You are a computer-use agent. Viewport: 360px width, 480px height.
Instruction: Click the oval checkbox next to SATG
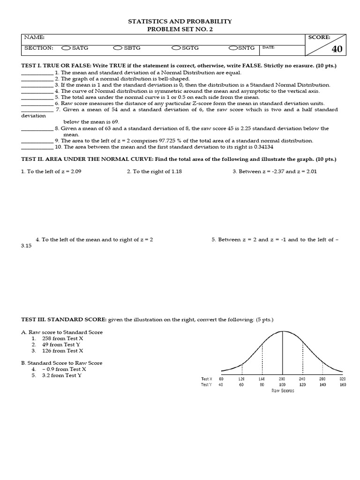tap(66, 48)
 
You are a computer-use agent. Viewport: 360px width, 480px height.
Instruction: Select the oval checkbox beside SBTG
tap(117, 48)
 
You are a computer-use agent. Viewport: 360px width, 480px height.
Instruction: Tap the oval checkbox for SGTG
tap(176, 48)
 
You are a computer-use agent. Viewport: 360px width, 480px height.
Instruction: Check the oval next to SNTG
tap(233, 48)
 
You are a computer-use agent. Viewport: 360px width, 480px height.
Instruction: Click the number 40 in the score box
tap(337, 49)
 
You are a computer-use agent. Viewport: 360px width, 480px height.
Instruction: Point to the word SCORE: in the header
tap(319, 37)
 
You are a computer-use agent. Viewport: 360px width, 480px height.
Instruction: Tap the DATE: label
tap(269, 47)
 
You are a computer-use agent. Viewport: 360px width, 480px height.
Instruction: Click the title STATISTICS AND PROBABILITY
tap(180, 22)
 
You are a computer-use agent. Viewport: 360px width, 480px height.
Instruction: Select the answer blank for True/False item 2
tap(37, 79)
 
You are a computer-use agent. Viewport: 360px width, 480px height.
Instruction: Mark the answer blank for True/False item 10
tap(37, 147)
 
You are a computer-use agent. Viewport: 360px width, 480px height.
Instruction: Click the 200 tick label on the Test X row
tap(282, 379)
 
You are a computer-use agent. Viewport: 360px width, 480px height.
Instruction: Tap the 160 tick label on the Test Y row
tap(343, 384)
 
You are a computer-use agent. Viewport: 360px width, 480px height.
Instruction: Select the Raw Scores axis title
tap(283, 390)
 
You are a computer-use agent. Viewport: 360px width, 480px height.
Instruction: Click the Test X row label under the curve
tap(206, 379)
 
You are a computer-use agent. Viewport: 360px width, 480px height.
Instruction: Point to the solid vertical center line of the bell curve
tap(282, 352)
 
